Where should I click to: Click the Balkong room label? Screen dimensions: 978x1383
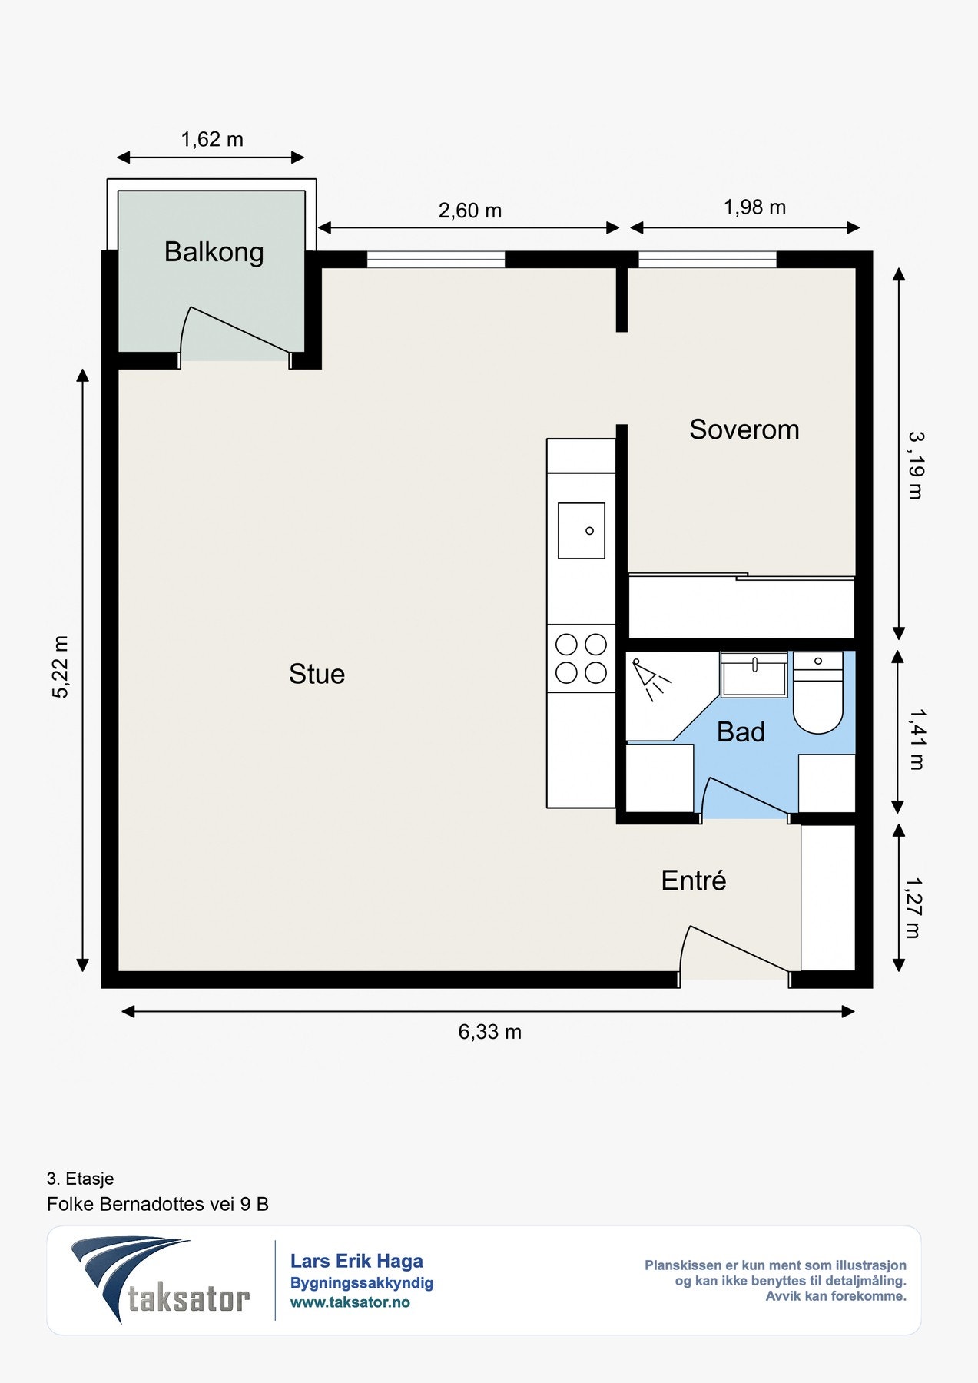pos(214,253)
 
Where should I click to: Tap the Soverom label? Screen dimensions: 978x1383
pos(744,429)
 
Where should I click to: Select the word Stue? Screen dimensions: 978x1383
pos(317,674)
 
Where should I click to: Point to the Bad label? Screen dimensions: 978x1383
pos(741,732)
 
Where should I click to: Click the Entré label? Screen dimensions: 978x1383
pos(694,880)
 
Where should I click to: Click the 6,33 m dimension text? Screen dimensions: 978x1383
pos(490,1032)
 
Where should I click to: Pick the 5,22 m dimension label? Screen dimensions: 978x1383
pos(60,667)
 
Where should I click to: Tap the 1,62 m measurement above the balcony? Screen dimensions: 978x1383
pos(212,139)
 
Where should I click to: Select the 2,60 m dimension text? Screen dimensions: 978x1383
pos(470,211)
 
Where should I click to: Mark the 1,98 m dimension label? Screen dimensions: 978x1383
pos(754,207)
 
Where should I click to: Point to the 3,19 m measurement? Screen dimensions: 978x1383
pos(916,466)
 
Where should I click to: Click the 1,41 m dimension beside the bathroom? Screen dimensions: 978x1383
pos(917,739)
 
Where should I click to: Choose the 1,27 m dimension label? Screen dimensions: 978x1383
pos(913,908)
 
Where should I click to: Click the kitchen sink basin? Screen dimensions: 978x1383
pos(582,531)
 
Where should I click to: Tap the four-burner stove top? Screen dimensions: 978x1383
pos(581,658)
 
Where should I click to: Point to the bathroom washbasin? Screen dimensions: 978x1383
pos(754,675)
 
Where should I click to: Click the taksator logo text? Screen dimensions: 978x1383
pos(189,1299)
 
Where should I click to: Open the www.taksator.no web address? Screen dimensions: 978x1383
pos(350,1302)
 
